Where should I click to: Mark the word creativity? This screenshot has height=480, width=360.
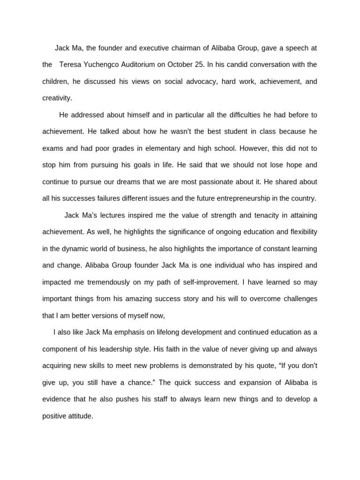click(57, 98)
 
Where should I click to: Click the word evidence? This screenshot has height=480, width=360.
click(57, 399)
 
